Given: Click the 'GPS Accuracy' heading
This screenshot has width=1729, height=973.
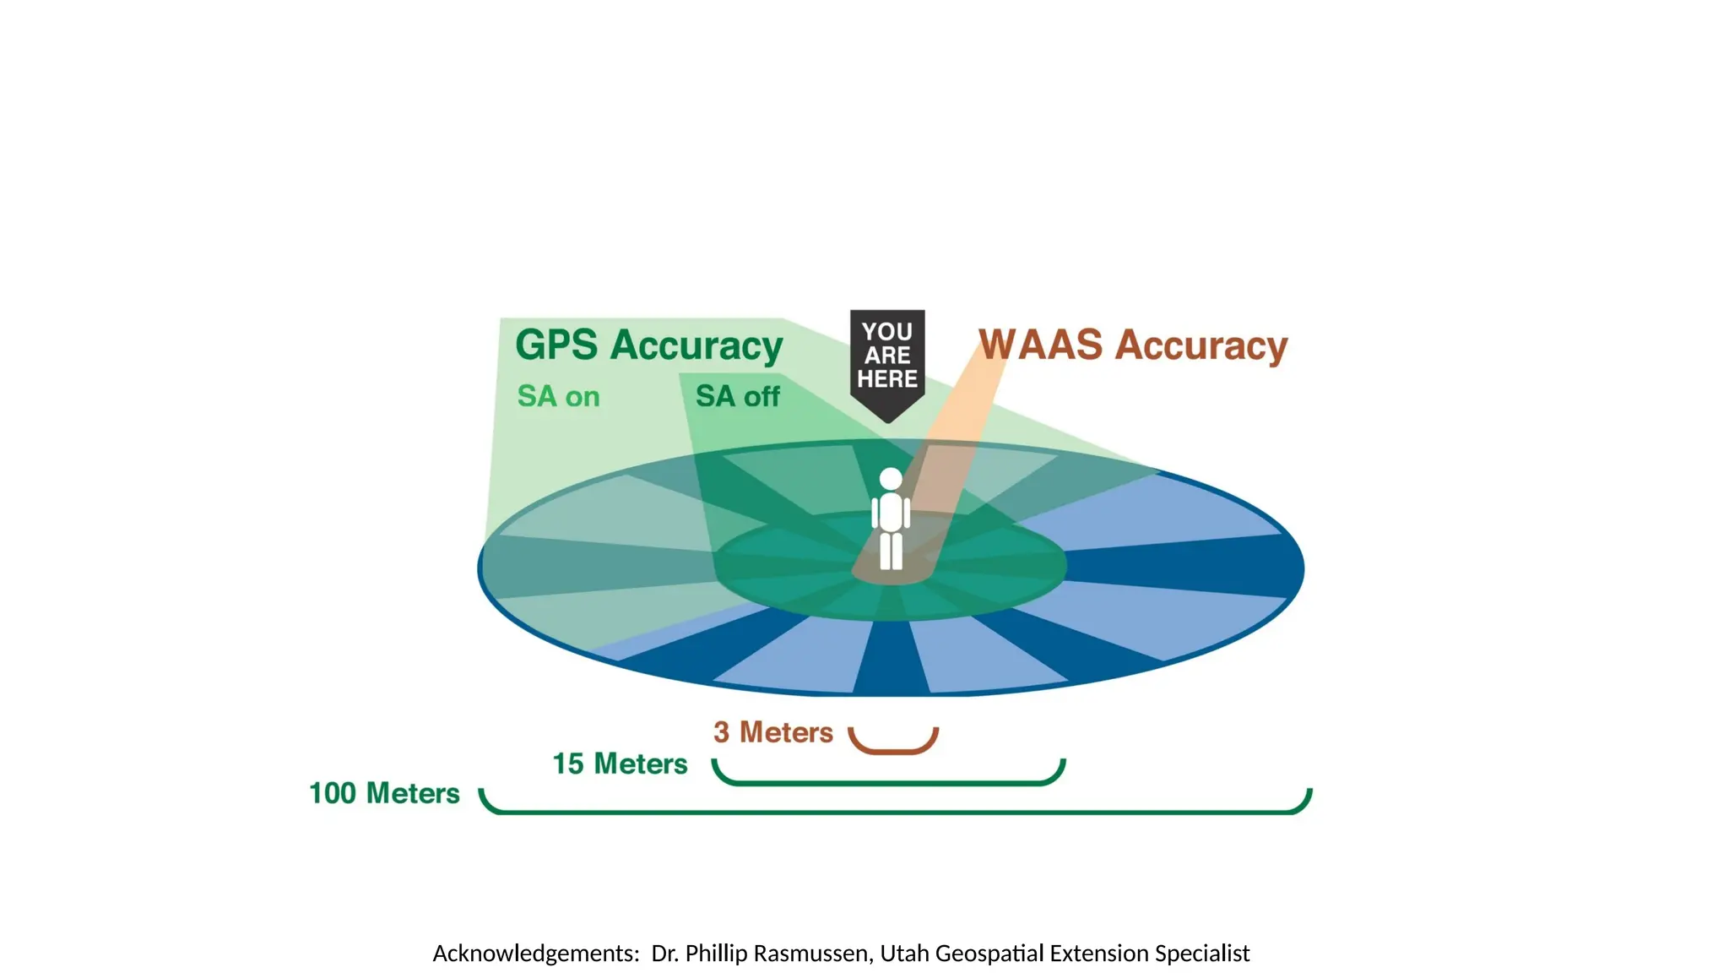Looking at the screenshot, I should [x=648, y=345].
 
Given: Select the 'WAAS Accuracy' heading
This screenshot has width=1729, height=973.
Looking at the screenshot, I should [x=1133, y=345].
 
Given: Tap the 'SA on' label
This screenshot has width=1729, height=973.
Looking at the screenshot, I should [x=558, y=396].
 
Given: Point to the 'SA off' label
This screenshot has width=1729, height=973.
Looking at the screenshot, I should [x=737, y=396].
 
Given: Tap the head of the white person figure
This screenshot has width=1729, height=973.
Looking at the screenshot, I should [x=891, y=479].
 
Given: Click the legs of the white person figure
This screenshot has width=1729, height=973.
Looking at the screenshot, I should [x=891, y=551].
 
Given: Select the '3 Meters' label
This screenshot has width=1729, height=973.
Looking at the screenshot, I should [x=772, y=732].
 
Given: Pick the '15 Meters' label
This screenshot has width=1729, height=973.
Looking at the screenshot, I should [x=620, y=764].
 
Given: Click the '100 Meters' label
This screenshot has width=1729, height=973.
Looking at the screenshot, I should [x=384, y=793].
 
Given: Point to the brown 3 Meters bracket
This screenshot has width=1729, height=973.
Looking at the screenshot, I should [x=893, y=747].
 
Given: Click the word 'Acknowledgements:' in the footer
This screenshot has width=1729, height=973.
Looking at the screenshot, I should [x=536, y=954].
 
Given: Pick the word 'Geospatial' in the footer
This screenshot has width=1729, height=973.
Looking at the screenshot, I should [x=989, y=954].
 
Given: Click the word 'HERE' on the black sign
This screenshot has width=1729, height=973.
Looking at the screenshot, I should [x=887, y=379].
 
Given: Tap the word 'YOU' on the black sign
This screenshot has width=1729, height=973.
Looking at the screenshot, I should [x=887, y=332].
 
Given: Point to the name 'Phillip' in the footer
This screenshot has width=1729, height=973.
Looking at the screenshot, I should [x=716, y=954].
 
